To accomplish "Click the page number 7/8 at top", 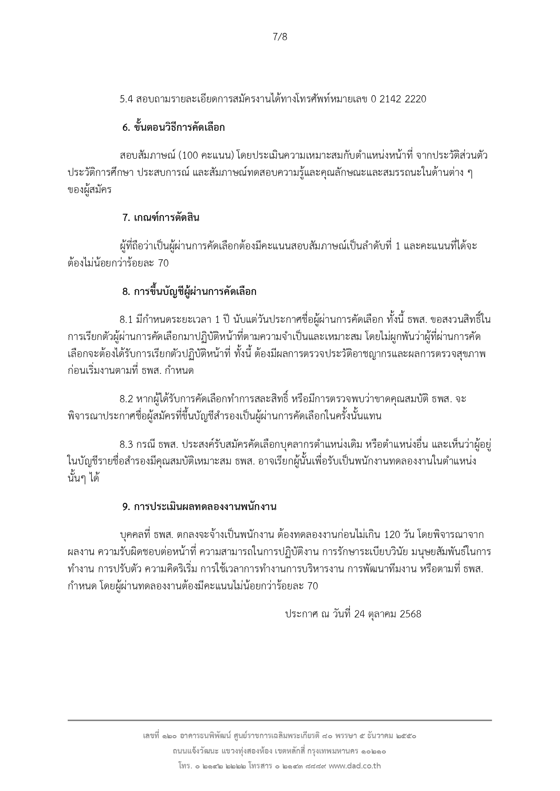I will [x=280, y=37].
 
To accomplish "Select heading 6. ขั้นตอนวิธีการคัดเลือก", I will [x=173, y=128].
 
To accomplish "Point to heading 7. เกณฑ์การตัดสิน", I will [x=161, y=218].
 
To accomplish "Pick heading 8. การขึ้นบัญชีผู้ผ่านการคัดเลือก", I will [x=189, y=292].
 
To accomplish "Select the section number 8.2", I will [x=126, y=399].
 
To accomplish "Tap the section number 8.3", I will [x=126, y=445].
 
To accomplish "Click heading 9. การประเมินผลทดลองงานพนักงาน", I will [x=199, y=506].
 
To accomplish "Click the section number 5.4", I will [x=126, y=99].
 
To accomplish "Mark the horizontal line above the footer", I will [x=280, y=720].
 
